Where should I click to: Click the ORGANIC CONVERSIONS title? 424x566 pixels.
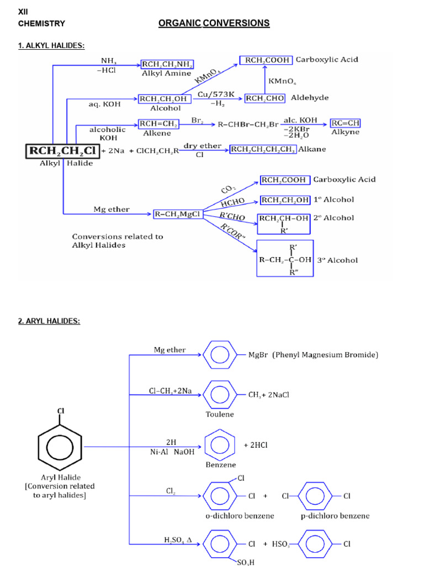[x=214, y=23]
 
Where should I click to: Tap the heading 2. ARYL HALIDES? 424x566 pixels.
[x=49, y=321]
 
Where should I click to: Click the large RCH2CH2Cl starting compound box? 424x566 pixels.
[x=63, y=150]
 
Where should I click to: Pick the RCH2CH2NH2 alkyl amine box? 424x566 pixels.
[x=167, y=65]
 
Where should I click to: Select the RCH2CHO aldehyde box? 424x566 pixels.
[x=265, y=98]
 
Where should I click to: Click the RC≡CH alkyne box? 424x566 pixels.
[x=345, y=123]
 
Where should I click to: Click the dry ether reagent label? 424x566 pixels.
[x=202, y=145]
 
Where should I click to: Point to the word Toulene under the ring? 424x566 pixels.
[x=220, y=414]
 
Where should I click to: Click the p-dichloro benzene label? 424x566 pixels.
[x=335, y=516]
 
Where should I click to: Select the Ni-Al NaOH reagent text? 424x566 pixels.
[x=172, y=452]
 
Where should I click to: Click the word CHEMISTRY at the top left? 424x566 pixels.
[x=41, y=24]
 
